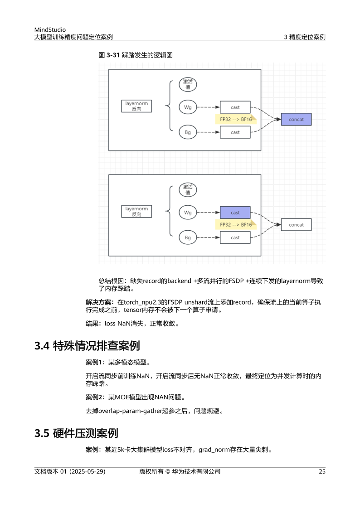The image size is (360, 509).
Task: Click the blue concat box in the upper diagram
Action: point(296,120)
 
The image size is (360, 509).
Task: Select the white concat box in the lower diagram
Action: point(296,225)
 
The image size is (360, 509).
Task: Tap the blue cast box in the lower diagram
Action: point(235,213)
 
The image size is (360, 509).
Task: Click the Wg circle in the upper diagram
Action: point(187,107)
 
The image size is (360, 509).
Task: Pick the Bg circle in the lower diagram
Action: point(187,238)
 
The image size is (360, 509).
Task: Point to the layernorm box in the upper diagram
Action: point(136,107)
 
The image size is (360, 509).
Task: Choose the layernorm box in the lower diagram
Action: point(136,212)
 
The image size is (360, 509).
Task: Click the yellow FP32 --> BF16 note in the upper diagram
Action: point(235,120)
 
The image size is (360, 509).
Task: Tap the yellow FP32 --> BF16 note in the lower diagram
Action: point(235,225)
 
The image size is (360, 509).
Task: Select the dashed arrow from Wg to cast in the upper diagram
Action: point(208,107)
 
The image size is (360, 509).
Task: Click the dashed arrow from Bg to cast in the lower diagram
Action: point(208,238)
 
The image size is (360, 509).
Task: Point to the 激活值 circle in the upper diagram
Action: point(187,84)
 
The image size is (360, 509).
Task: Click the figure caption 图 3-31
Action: point(109,55)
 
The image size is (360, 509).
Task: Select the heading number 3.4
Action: point(42,346)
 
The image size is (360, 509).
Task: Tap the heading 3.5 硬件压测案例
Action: point(76,433)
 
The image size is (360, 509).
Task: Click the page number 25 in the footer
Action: point(322,471)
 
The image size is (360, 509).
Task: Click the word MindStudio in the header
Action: point(50,30)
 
